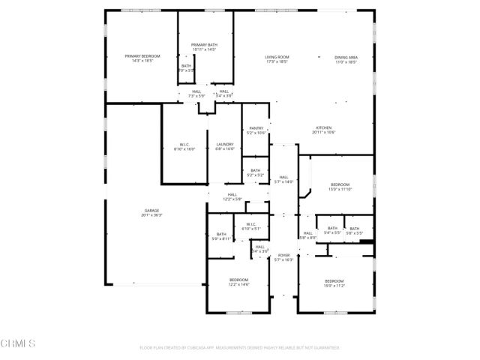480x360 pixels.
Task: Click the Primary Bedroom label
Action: [x=142, y=56]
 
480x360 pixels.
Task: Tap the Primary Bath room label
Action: [x=203, y=44]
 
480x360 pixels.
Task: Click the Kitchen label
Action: [x=323, y=127]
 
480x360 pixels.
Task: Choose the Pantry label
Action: [x=256, y=128]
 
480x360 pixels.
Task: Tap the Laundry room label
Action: [x=225, y=144]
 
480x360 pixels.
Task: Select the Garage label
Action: [x=151, y=210]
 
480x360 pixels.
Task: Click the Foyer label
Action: [x=284, y=256]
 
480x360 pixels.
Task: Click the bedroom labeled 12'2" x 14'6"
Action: [x=239, y=280]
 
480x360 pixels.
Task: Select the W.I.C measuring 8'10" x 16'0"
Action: [x=184, y=144]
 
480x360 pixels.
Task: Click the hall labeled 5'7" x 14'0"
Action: [x=284, y=177]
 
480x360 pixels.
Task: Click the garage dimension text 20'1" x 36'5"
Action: [x=151, y=215]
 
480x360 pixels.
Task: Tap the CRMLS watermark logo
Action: [x=19, y=343]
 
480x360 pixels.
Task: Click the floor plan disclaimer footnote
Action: [x=240, y=348]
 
